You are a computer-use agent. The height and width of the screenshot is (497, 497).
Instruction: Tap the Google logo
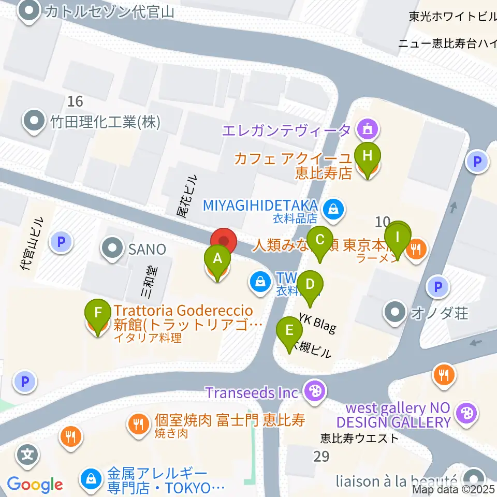tap(35, 485)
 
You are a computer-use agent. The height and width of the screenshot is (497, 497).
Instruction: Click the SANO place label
tap(148, 250)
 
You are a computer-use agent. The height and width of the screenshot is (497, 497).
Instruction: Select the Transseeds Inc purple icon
tap(313, 391)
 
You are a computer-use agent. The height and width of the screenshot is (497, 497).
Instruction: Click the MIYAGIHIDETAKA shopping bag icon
tap(330, 210)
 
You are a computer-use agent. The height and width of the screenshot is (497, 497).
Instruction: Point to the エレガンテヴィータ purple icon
tap(368, 127)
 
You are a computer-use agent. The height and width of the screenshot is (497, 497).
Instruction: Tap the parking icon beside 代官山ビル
tap(61, 241)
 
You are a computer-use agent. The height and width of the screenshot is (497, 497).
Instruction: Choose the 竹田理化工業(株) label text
tap(106, 122)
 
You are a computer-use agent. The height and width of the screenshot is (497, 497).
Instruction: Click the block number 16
tap(75, 100)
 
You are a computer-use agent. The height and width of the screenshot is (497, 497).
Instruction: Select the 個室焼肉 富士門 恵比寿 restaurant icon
tap(138, 425)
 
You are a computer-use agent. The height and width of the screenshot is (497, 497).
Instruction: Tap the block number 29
tap(321, 456)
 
